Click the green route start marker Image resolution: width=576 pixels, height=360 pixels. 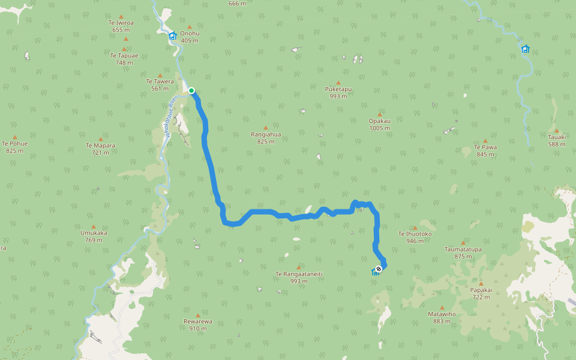pyautogui.click(x=191, y=91)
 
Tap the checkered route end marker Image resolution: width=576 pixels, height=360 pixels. pyautogui.click(x=379, y=268)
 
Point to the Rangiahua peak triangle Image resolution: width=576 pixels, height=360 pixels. pyautogui.click(x=265, y=127)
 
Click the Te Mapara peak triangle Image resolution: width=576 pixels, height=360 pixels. pyautogui.click(x=100, y=139)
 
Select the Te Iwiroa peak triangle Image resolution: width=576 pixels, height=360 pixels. pyautogui.click(x=121, y=17)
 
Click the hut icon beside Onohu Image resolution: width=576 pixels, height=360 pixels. pyautogui.click(x=173, y=36)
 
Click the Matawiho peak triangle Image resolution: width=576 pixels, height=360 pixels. pyautogui.click(x=442, y=307)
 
